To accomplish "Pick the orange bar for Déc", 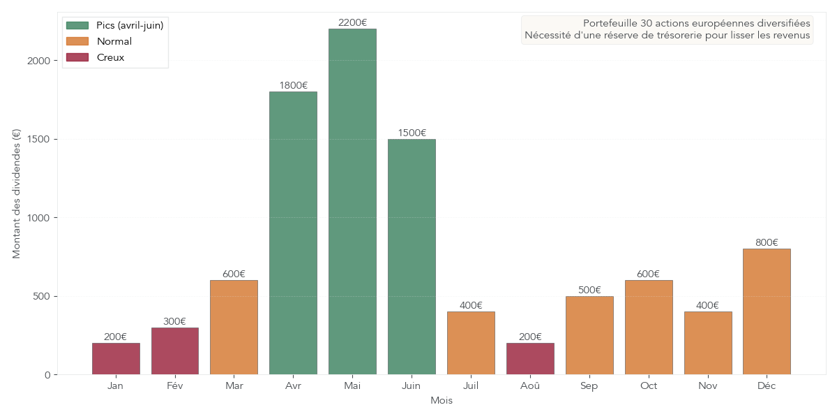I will click(x=767, y=311).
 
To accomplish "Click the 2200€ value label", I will click(x=352, y=22).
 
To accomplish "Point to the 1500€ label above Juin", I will click(x=412, y=133).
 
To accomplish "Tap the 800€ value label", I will click(x=767, y=242).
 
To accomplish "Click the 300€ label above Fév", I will click(x=174, y=321).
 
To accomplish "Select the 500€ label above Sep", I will click(x=589, y=290).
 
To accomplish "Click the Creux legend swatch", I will click(x=77, y=57).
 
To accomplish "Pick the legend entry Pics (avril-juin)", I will click(x=130, y=25).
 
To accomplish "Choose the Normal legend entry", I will click(x=114, y=41).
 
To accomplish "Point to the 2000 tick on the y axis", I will click(x=40, y=61).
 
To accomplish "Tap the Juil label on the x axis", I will click(x=471, y=385).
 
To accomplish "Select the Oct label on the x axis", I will click(x=649, y=385).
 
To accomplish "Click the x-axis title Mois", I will click(x=441, y=400).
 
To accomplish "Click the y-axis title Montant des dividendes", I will click(x=17, y=193).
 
